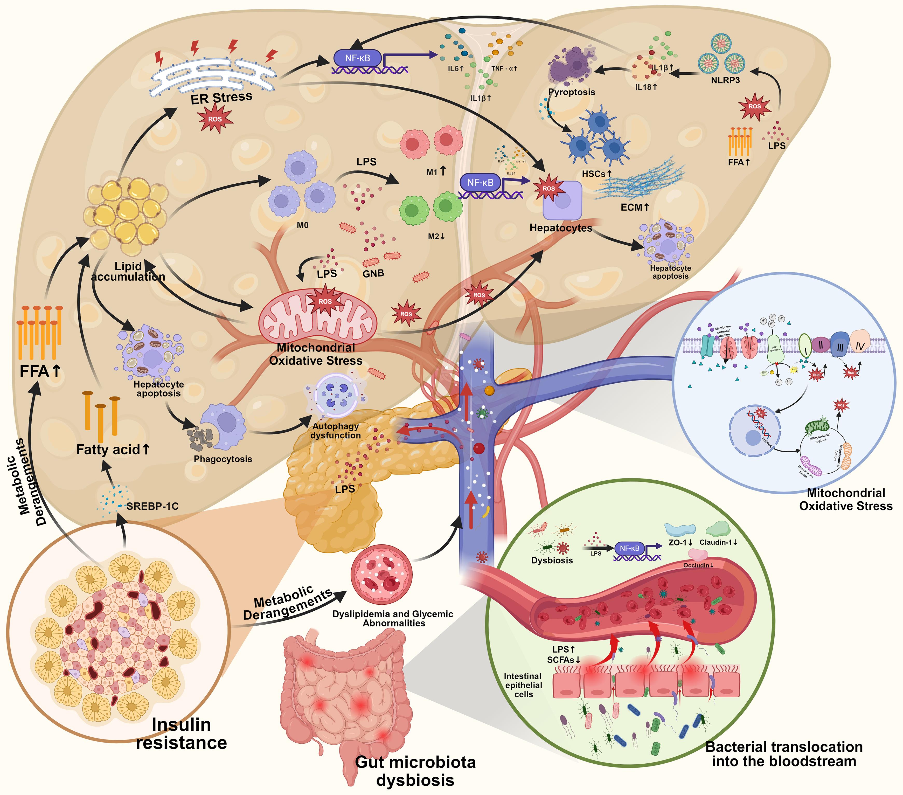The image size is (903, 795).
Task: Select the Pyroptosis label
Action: pos(572,92)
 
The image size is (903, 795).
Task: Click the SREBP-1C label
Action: pos(152,506)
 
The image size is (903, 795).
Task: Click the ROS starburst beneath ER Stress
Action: pos(215,119)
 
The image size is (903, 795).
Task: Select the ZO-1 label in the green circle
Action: pos(680,542)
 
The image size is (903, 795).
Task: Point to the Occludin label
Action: pos(698,565)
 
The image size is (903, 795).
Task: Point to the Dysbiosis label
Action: pos(552,560)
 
